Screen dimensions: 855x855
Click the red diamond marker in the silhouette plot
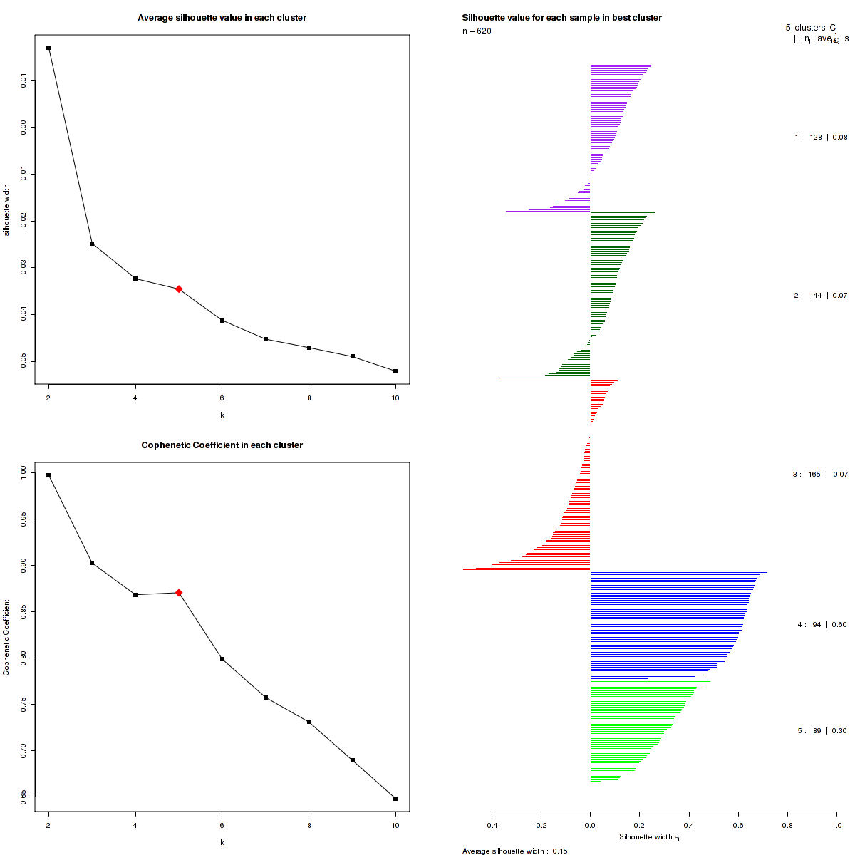(179, 289)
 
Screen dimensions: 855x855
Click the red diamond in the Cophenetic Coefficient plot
(179, 592)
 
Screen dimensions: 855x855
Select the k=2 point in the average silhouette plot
(48, 48)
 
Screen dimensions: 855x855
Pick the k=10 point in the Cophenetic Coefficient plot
(395, 799)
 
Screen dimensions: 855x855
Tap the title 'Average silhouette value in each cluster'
(222, 17)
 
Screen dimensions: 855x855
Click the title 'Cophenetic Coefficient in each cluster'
(222, 445)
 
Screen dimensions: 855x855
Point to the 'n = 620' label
(477, 31)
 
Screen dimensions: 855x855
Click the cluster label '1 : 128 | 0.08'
(821, 138)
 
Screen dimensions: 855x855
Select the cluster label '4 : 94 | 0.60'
(822, 625)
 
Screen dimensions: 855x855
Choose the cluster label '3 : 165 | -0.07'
(820, 475)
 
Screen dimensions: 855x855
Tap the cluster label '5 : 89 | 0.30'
(822, 731)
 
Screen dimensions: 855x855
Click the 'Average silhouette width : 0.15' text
(514, 851)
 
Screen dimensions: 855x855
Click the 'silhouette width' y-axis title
(6, 210)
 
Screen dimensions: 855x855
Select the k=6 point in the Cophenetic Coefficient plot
(222, 659)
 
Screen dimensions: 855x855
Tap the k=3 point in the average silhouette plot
(92, 244)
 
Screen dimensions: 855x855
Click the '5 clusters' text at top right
(805, 28)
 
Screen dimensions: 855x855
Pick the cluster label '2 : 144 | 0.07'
(821, 296)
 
